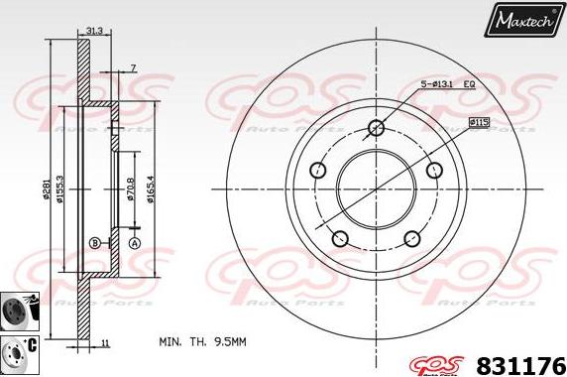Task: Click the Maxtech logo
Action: tap(523, 20)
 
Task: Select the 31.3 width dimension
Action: tap(95, 32)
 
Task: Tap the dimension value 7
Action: tap(133, 68)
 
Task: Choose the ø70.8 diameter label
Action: tap(131, 188)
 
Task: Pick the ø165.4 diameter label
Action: tap(151, 188)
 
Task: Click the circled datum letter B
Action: tap(94, 243)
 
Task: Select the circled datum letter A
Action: tap(135, 243)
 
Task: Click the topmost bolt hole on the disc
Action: tap(376, 127)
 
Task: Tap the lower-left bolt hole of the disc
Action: tap(340, 238)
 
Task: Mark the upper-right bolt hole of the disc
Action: tap(433, 170)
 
